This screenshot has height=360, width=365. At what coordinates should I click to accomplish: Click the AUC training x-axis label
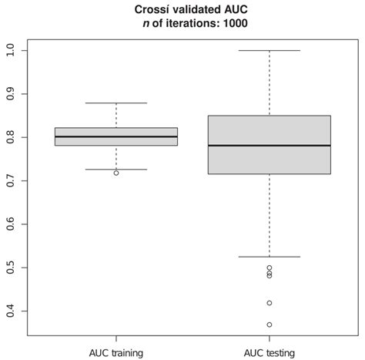pos(116,352)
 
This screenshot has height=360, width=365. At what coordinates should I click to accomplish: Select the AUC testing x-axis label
pos(270,352)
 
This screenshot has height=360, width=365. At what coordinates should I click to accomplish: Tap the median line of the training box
pos(116,136)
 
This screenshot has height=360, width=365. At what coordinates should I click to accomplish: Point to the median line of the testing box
pos(270,145)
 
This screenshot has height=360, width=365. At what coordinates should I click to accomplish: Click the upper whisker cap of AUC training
pos(116,103)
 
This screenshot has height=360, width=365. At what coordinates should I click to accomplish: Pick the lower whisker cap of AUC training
pos(116,169)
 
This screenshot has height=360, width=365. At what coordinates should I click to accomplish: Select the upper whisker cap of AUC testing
pos(270,50)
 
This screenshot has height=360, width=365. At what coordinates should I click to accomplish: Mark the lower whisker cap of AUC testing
pos(270,257)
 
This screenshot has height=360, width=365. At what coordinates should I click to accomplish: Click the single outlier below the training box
pos(116,173)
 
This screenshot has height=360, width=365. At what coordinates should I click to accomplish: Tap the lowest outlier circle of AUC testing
pos(270,325)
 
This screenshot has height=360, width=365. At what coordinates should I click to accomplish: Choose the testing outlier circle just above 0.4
pos(270,303)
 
